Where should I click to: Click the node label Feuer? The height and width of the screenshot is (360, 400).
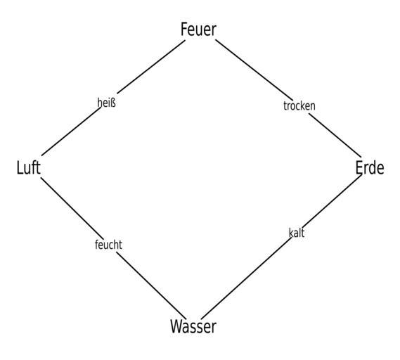click(x=198, y=30)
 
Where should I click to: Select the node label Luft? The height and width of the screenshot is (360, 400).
click(x=29, y=167)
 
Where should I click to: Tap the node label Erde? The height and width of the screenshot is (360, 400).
click(x=370, y=167)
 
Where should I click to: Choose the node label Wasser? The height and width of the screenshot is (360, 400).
click(x=193, y=326)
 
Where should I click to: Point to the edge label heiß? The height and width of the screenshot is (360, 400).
click(x=107, y=103)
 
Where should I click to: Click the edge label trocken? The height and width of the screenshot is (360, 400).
click(x=299, y=105)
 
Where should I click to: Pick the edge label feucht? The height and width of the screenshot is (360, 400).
click(x=108, y=245)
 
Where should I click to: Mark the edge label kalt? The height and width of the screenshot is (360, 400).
click(x=297, y=233)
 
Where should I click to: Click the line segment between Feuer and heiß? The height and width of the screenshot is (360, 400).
click(x=151, y=67)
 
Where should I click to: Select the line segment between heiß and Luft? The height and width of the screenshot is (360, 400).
click(x=72, y=131)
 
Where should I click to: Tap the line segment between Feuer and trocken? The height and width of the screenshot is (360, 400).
click(x=254, y=70)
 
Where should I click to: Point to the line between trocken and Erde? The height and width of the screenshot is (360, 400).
click(x=335, y=135)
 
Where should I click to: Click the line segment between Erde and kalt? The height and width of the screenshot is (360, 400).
click(x=332, y=200)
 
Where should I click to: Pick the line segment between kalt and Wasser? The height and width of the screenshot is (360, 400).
click(x=247, y=278)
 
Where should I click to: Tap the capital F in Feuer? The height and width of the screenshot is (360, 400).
click(x=184, y=30)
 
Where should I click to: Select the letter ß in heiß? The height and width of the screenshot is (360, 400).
click(x=113, y=103)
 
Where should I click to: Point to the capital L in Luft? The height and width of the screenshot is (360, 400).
click(x=20, y=167)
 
